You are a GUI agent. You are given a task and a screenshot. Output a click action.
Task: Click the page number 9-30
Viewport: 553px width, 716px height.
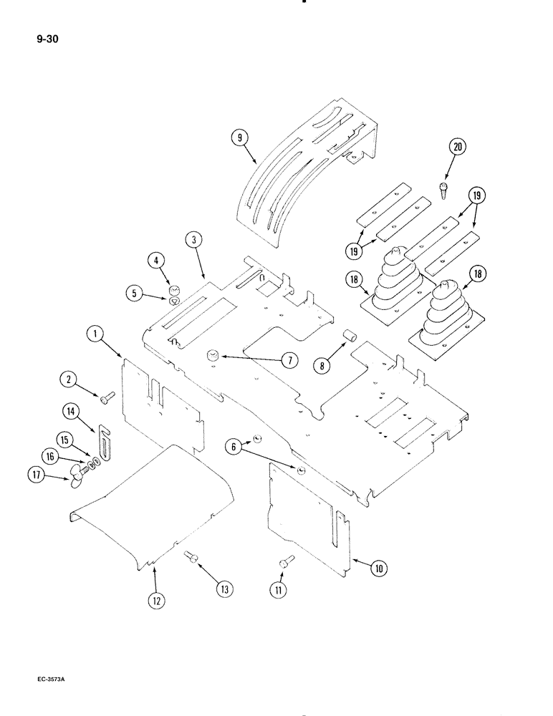[47, 40]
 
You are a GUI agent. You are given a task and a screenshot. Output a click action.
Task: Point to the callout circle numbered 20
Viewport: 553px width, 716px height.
[457, 148]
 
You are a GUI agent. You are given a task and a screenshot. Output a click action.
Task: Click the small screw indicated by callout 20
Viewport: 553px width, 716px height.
[443, 190]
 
